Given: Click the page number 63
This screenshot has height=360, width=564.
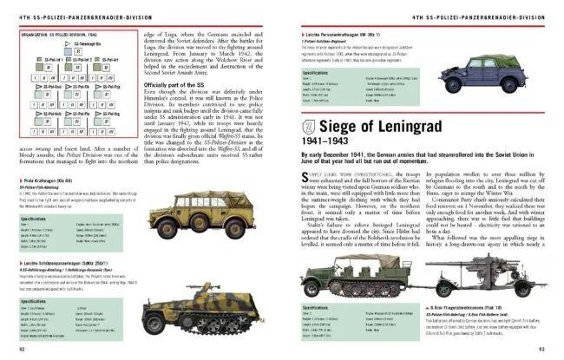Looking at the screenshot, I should [x=543, y=350].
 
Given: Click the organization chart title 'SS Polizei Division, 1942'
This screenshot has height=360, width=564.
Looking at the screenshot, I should [x=52, y=29].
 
